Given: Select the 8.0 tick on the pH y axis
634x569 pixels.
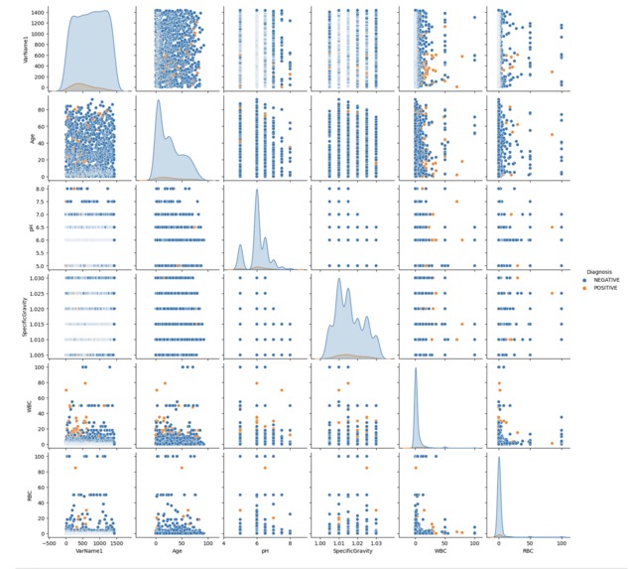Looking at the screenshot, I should [x=42, y=188].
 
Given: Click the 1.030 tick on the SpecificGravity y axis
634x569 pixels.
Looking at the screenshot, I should [x=38, y=279].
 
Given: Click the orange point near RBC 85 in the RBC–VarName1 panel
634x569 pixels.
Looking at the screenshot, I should [x=73, y=469].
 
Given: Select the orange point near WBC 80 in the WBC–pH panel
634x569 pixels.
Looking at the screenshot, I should [x=264, y=381].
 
